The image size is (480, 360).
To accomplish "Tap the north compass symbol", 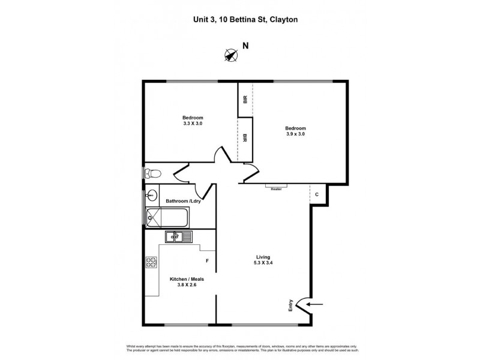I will [230, 55].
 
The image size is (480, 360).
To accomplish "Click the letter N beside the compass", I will [245, 46].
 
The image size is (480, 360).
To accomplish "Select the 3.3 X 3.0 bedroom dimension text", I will [193, 124].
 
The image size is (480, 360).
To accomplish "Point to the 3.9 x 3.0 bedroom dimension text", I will [295, 134].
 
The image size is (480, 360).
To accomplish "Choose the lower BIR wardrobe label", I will [245, 138].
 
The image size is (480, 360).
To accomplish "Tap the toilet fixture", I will [152, 173].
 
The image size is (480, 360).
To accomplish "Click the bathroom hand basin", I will [152, 195].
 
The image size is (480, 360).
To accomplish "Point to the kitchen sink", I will [178, 236].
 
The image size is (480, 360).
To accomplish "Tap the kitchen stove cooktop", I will [151, 262].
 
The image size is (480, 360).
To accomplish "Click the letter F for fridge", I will [207, 261].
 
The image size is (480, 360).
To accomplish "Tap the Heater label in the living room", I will [276, 188].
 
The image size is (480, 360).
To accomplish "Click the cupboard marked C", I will [317, 194].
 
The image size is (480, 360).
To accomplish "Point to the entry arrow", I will [315, 305].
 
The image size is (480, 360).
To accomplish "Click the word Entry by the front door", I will [292, 305].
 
